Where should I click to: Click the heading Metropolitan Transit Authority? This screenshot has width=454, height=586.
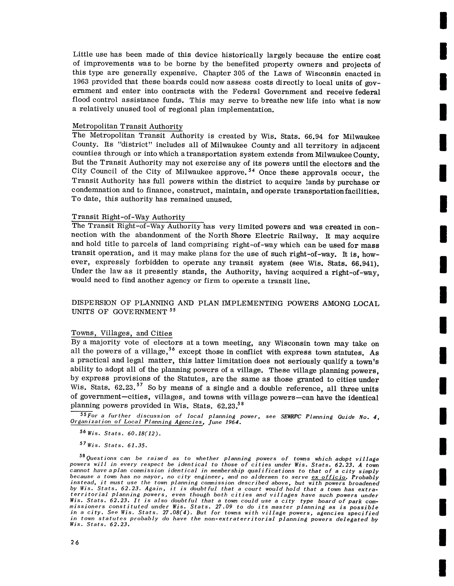(x=127, y=126)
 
